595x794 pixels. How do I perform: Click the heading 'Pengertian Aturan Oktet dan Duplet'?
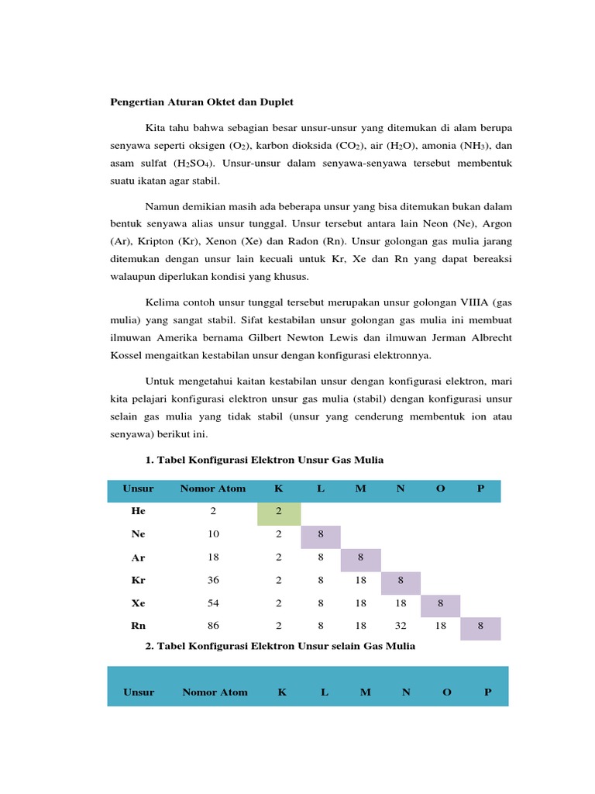(200, 102)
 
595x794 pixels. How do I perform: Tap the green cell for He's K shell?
(279, 512)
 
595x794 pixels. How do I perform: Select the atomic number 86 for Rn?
(213, 625)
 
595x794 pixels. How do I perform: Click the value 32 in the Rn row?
(401, 625)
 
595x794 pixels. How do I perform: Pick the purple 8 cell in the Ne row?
(320, 535)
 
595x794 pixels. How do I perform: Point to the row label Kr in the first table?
(139, 580)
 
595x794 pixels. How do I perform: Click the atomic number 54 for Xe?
(213, 602)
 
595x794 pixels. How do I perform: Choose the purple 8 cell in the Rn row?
(480, 627)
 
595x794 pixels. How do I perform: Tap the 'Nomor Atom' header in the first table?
(213, 488)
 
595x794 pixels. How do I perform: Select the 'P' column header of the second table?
(487, 692)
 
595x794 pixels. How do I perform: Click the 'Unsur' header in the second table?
(139, 692)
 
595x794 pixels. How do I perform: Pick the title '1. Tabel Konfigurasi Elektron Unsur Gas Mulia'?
(264, 460)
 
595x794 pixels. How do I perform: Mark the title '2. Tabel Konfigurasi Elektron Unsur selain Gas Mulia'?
(280, 646)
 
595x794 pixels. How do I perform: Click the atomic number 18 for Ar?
(213, 558)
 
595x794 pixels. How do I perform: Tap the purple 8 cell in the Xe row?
(440, 603)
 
